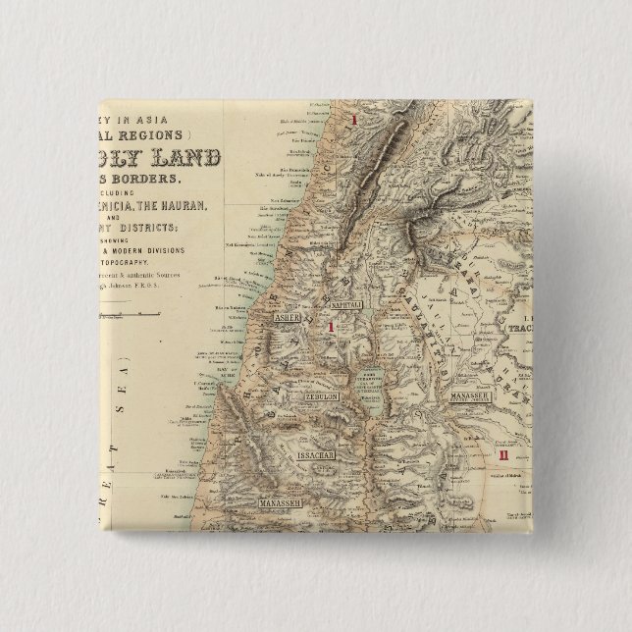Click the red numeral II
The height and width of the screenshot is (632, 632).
pos(503,455)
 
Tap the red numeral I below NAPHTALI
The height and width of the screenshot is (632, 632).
pos(334,329)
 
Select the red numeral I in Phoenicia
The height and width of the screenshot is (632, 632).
pos(354,121)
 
